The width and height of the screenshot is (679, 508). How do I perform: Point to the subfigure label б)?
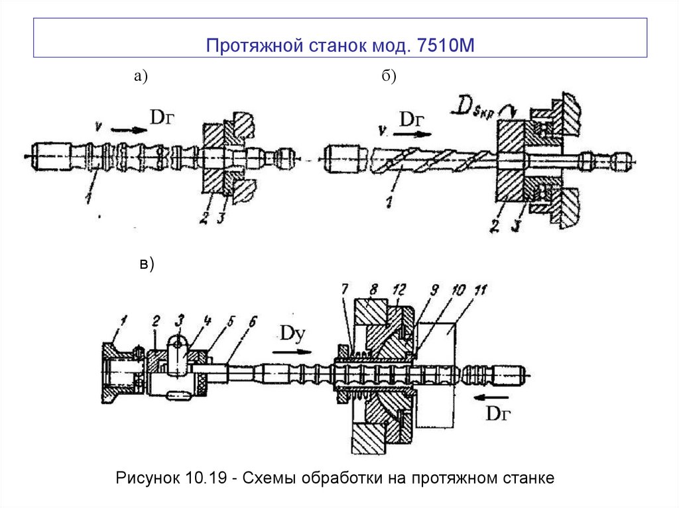pos(388,77)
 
